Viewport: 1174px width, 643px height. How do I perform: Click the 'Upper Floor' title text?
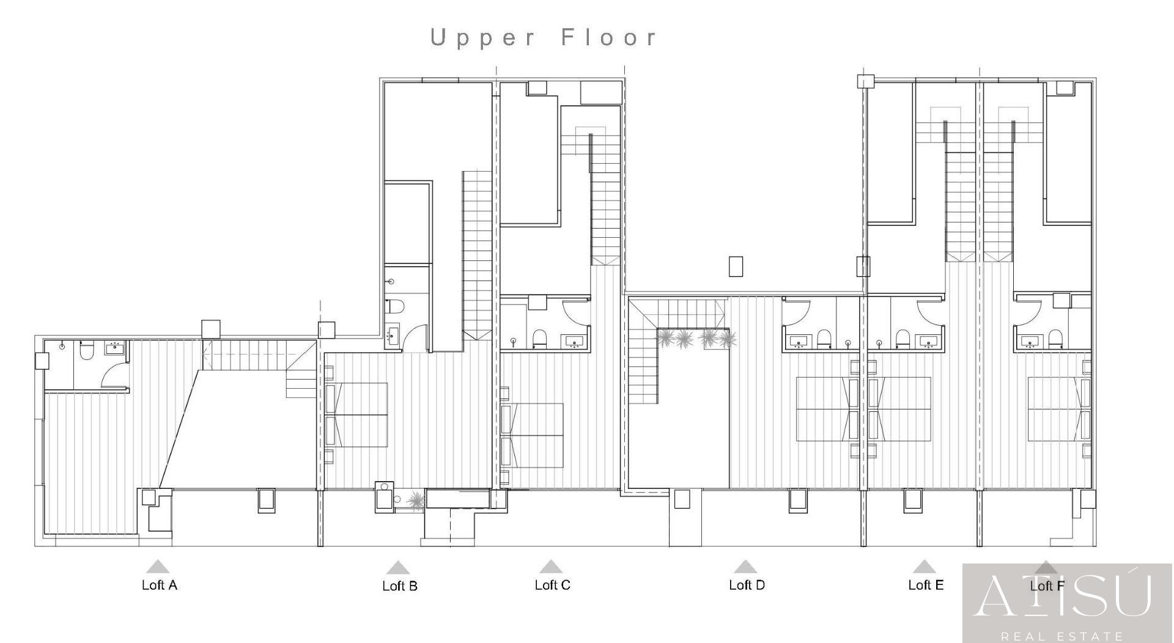point(544,38)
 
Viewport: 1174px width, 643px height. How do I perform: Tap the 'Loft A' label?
point(160,585)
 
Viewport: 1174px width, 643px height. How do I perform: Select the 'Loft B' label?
point(400,586)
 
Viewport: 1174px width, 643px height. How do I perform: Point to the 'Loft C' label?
point(552,585)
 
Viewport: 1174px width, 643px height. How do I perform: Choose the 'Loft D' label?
point(747,585)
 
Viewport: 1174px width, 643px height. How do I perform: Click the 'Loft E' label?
point(926,585)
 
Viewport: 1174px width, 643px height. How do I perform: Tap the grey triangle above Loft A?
point(158,567)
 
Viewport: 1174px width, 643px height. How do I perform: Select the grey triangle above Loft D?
point(745,567)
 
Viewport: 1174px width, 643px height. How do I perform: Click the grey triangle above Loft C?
point(551,567)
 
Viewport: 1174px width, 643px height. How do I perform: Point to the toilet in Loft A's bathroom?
point(87,350)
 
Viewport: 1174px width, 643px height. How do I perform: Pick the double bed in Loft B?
point(357,415)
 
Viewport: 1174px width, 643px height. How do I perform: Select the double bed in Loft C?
point(533,435)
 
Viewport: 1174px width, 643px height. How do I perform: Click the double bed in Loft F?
point(1059,409)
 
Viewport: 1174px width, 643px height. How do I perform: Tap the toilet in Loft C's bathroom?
point(539,338)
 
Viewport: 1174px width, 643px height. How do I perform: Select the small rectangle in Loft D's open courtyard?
point(736,266)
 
